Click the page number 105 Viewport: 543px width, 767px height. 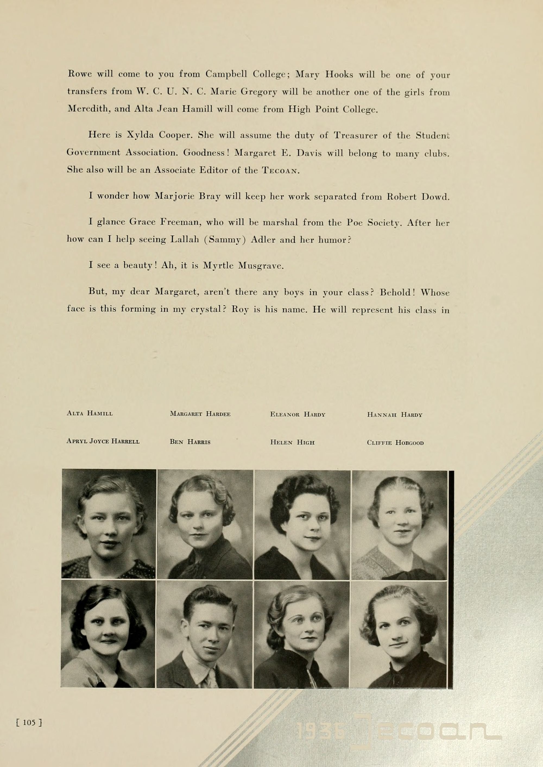click(29, 722)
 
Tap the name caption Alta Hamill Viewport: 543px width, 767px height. click(90, 413)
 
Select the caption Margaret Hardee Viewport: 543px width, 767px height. click(200, 414)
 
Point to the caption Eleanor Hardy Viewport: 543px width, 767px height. click(298, 415)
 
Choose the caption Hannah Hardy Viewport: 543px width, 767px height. click(394, 415)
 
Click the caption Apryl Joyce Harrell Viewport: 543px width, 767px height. click(103, 441)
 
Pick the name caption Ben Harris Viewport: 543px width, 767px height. click(190, 442)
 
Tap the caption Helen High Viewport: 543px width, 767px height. click(292, 442)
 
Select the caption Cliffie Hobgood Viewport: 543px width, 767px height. click(395, 443)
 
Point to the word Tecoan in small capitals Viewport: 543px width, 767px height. click(279, 171)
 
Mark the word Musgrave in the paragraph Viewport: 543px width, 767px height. click(261, 266)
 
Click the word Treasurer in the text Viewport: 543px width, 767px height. click(356, 136)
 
